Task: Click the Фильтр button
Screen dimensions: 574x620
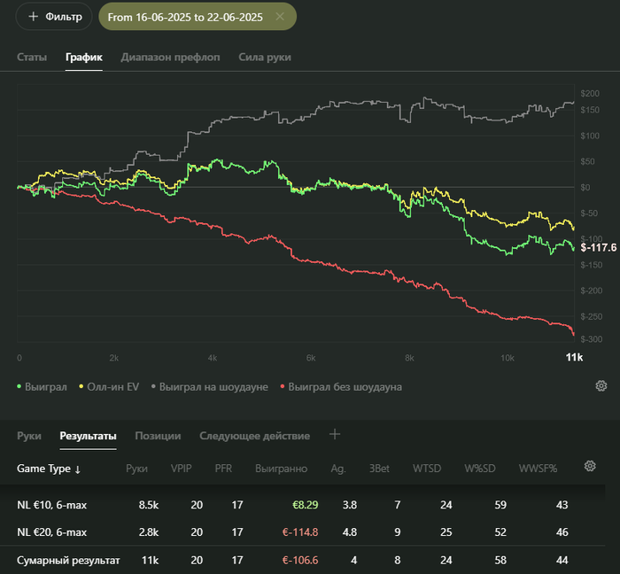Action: click(x=54, y=17)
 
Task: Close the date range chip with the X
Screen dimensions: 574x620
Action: click(x=280, y=17)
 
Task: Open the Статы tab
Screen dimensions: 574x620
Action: click(x=32, y=57)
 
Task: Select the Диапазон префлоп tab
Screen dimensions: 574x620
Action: click(x=170, y=57)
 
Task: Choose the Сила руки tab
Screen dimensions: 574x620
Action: click(x=265, y=57)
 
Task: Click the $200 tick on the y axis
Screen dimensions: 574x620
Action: click(x=590, y=94)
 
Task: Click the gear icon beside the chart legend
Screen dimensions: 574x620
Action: click(x=601, y=385)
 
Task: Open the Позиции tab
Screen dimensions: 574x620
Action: click(x=158, y=436)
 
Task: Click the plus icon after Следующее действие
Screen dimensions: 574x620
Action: click(x=335, y=434)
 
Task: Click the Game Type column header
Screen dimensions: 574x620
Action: click(x=49, y=469)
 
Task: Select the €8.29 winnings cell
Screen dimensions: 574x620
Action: click(x=305, y=505)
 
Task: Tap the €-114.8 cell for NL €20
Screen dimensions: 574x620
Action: click(x=299, y=532)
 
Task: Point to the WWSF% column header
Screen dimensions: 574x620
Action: click(x=538, y=469)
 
